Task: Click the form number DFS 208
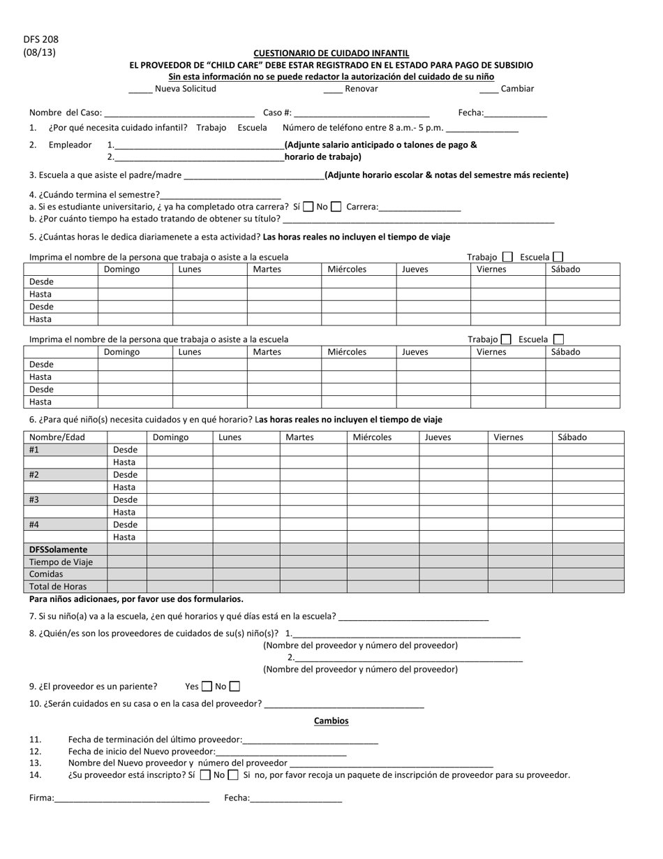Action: [x=40, y=40]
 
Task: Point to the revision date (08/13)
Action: [x=40, y=52]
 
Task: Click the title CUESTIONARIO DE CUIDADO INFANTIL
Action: [x=331, y=53]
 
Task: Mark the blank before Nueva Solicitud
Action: [x=140, y=89]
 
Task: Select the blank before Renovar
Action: [x=333, y=89]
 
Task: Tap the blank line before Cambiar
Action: [x=489, y=89]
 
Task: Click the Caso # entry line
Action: [x=362, y=113]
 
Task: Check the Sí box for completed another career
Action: [x=308, y=207]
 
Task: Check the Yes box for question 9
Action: [x=207, y=687]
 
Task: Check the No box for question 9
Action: [x=234, y=687]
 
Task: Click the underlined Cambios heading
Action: [x=331, y=721]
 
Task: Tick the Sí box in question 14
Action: [x=204, y=774]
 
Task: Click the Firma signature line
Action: [x=132, y=798]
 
